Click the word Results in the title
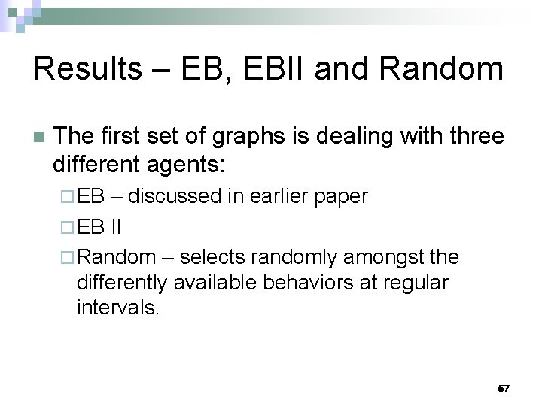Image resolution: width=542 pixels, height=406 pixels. click(x=87, y=69)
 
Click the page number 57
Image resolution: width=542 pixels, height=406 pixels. click(x=504, y=389)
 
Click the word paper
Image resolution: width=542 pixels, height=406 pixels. click(x=343, y=197)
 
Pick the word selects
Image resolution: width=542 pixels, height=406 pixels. click(x=214, y=257)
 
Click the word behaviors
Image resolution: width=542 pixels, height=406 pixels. click(x=324, y=283)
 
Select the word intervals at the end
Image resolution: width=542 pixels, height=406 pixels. click(x=117, y=308)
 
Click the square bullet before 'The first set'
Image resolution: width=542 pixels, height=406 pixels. click(x=39, y=138)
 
